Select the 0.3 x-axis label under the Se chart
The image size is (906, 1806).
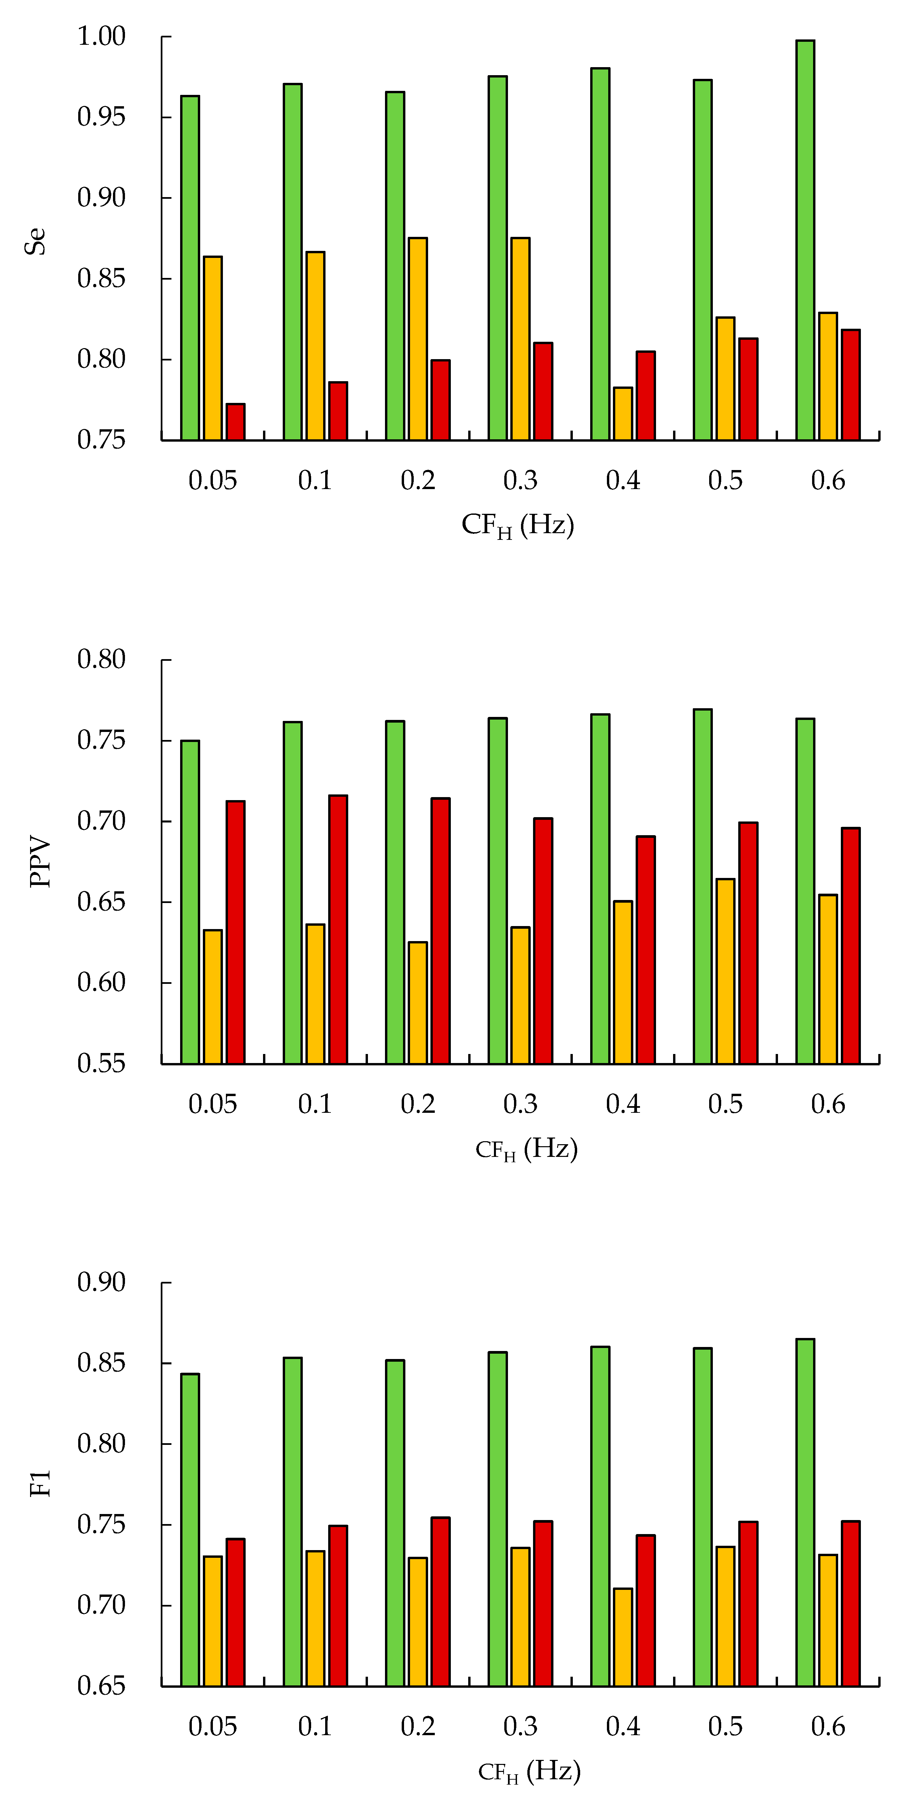(520, 481)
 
